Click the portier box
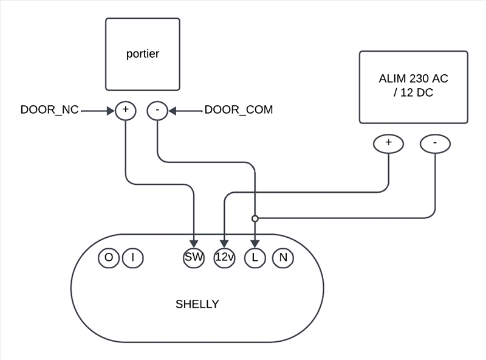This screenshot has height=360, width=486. (143, 54)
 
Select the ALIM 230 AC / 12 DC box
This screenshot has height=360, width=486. (413, 86)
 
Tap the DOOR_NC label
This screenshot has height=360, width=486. (49, 110)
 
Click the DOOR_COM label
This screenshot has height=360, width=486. (239, 110)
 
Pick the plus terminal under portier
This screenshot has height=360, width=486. (125, 110)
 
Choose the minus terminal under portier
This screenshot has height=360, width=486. (157, 110)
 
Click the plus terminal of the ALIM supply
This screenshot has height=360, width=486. (389, 144)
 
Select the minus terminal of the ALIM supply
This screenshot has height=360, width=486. (436, 144)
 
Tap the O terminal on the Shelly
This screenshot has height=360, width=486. (108, 258)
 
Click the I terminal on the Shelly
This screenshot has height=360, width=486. (132, 258)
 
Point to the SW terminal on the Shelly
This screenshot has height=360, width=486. (194, 258)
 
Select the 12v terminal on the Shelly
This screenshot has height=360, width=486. (225, 258)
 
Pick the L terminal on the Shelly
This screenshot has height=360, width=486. (255, 258)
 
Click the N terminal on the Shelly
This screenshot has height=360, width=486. (282, 258)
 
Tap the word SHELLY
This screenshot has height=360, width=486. (197, 304)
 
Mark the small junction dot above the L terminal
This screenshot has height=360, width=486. (255, 218)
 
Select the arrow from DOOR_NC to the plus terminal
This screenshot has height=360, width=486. (97, 111)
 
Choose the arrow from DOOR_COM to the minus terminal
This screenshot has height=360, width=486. (185, 111)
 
